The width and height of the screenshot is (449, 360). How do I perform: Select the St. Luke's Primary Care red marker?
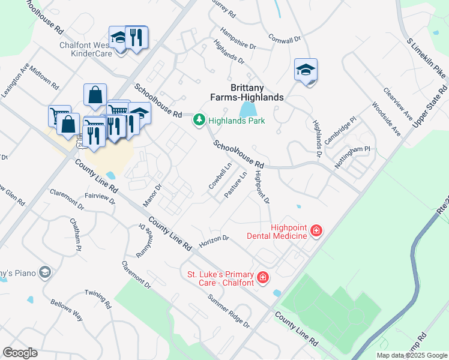point(262,277)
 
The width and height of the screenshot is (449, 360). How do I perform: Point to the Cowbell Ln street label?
point(220,176)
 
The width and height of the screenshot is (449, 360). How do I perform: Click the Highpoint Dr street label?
point(262,187)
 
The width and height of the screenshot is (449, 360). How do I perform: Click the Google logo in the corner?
point(20,353)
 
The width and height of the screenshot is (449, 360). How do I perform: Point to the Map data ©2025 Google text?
point(411,355)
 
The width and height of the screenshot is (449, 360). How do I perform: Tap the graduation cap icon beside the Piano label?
point(43,274)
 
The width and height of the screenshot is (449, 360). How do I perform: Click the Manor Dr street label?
point(152,196)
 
